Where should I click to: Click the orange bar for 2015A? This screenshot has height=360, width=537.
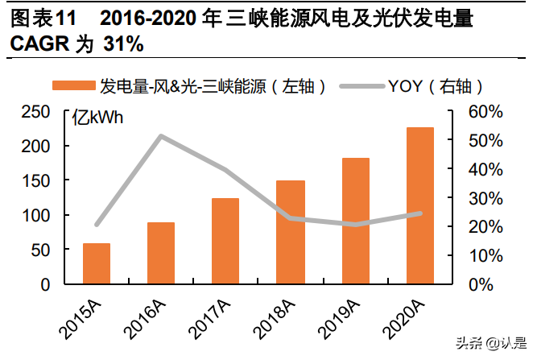click(x=97, y=263)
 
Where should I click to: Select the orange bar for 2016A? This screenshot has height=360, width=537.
click(x=161, y=253)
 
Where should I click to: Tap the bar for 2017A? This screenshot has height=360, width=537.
click(x=225, y=241)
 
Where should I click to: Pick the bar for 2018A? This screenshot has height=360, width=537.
click(x=291, y=232)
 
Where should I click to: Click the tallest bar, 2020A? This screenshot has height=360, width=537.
click(x=419, y=205)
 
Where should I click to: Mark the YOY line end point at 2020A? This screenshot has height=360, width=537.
click(x=419, y=213)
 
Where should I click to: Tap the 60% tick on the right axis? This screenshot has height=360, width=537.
click(x=485, y=112)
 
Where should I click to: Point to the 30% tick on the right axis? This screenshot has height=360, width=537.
click(x=485, y=198)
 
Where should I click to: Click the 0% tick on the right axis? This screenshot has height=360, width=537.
click(x=481, y=284)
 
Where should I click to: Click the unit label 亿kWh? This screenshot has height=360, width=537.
click(x=98, y=119)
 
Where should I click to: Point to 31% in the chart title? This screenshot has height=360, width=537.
click(x=124, y=44)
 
